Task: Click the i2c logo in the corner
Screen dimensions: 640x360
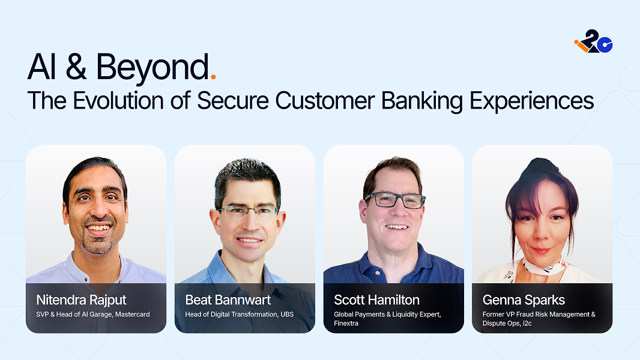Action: pos(593,41)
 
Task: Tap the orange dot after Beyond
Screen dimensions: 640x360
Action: pos(213,76)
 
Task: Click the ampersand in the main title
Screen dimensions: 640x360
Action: pos(76,67)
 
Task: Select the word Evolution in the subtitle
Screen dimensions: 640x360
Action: pos(118,100)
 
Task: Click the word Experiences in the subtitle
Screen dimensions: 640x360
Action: pos(531,101)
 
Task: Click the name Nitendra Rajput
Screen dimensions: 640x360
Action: pos(81,300)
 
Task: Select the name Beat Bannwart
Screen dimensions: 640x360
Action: pos(228,300)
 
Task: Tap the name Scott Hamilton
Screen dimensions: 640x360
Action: pos(376,300)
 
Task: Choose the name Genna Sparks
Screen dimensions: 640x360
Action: pos(524,300)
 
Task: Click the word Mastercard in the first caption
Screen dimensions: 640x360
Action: pos(132,314)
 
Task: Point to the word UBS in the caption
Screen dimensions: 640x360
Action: pos(287,314)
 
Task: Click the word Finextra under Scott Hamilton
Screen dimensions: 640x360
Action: pos(346,323)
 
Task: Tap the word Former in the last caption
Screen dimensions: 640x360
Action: pos(493,314)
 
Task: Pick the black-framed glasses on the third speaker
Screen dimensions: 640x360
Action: pos(394,200)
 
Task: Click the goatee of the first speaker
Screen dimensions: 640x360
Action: pos(97,241)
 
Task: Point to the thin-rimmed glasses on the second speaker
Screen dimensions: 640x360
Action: pos(247,211)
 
